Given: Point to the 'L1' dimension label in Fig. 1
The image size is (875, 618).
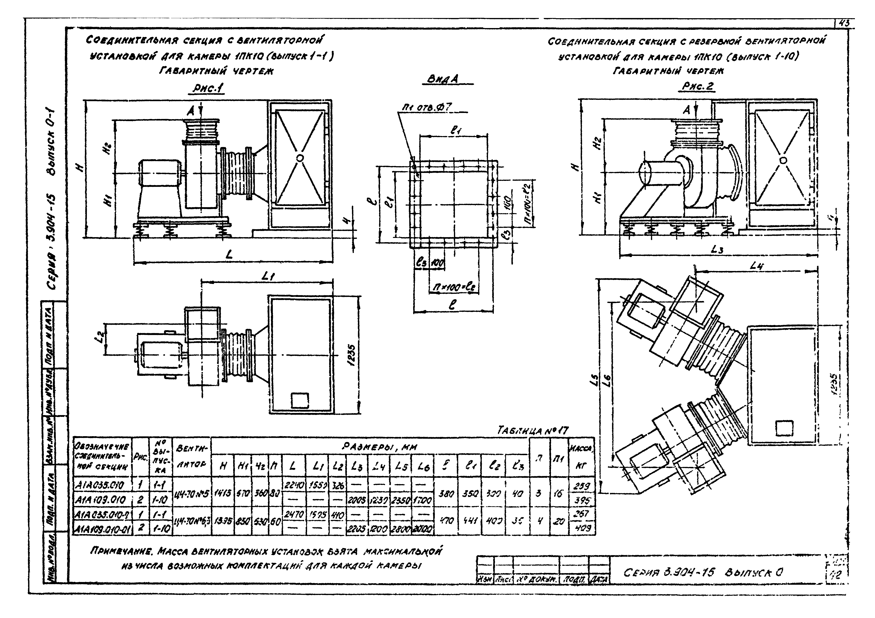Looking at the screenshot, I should [269, 278].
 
